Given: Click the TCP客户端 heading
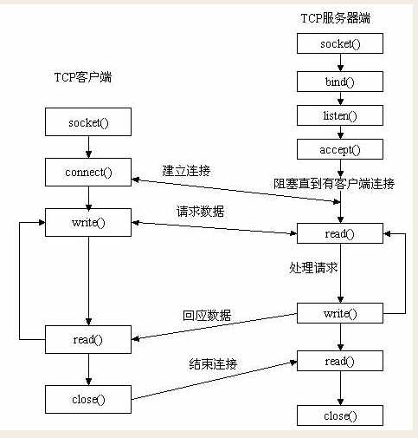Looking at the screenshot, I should click(83, 78).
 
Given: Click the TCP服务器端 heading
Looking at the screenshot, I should click(339, 17).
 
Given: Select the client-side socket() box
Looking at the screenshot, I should click(88, 122).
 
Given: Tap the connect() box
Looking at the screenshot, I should click(88, 172).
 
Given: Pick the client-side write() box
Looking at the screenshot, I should click(88, 222).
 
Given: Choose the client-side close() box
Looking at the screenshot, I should click(88, 399).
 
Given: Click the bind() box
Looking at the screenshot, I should click(339, 82).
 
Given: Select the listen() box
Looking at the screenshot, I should click(339, 115).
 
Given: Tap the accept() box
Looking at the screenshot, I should click(339, 149).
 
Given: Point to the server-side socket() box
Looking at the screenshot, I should click(339, 43).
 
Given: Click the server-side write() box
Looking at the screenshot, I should click(339, 313).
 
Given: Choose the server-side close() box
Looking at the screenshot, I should click(339, 415).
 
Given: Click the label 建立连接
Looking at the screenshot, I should click(186, 168).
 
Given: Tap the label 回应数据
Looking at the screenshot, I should click(207, 316).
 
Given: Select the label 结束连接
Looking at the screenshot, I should click(214, 363).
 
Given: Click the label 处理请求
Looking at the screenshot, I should click(312, 268).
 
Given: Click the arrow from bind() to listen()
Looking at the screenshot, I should click(339, 99).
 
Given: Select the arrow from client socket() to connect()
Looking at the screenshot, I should click(88, 147).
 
